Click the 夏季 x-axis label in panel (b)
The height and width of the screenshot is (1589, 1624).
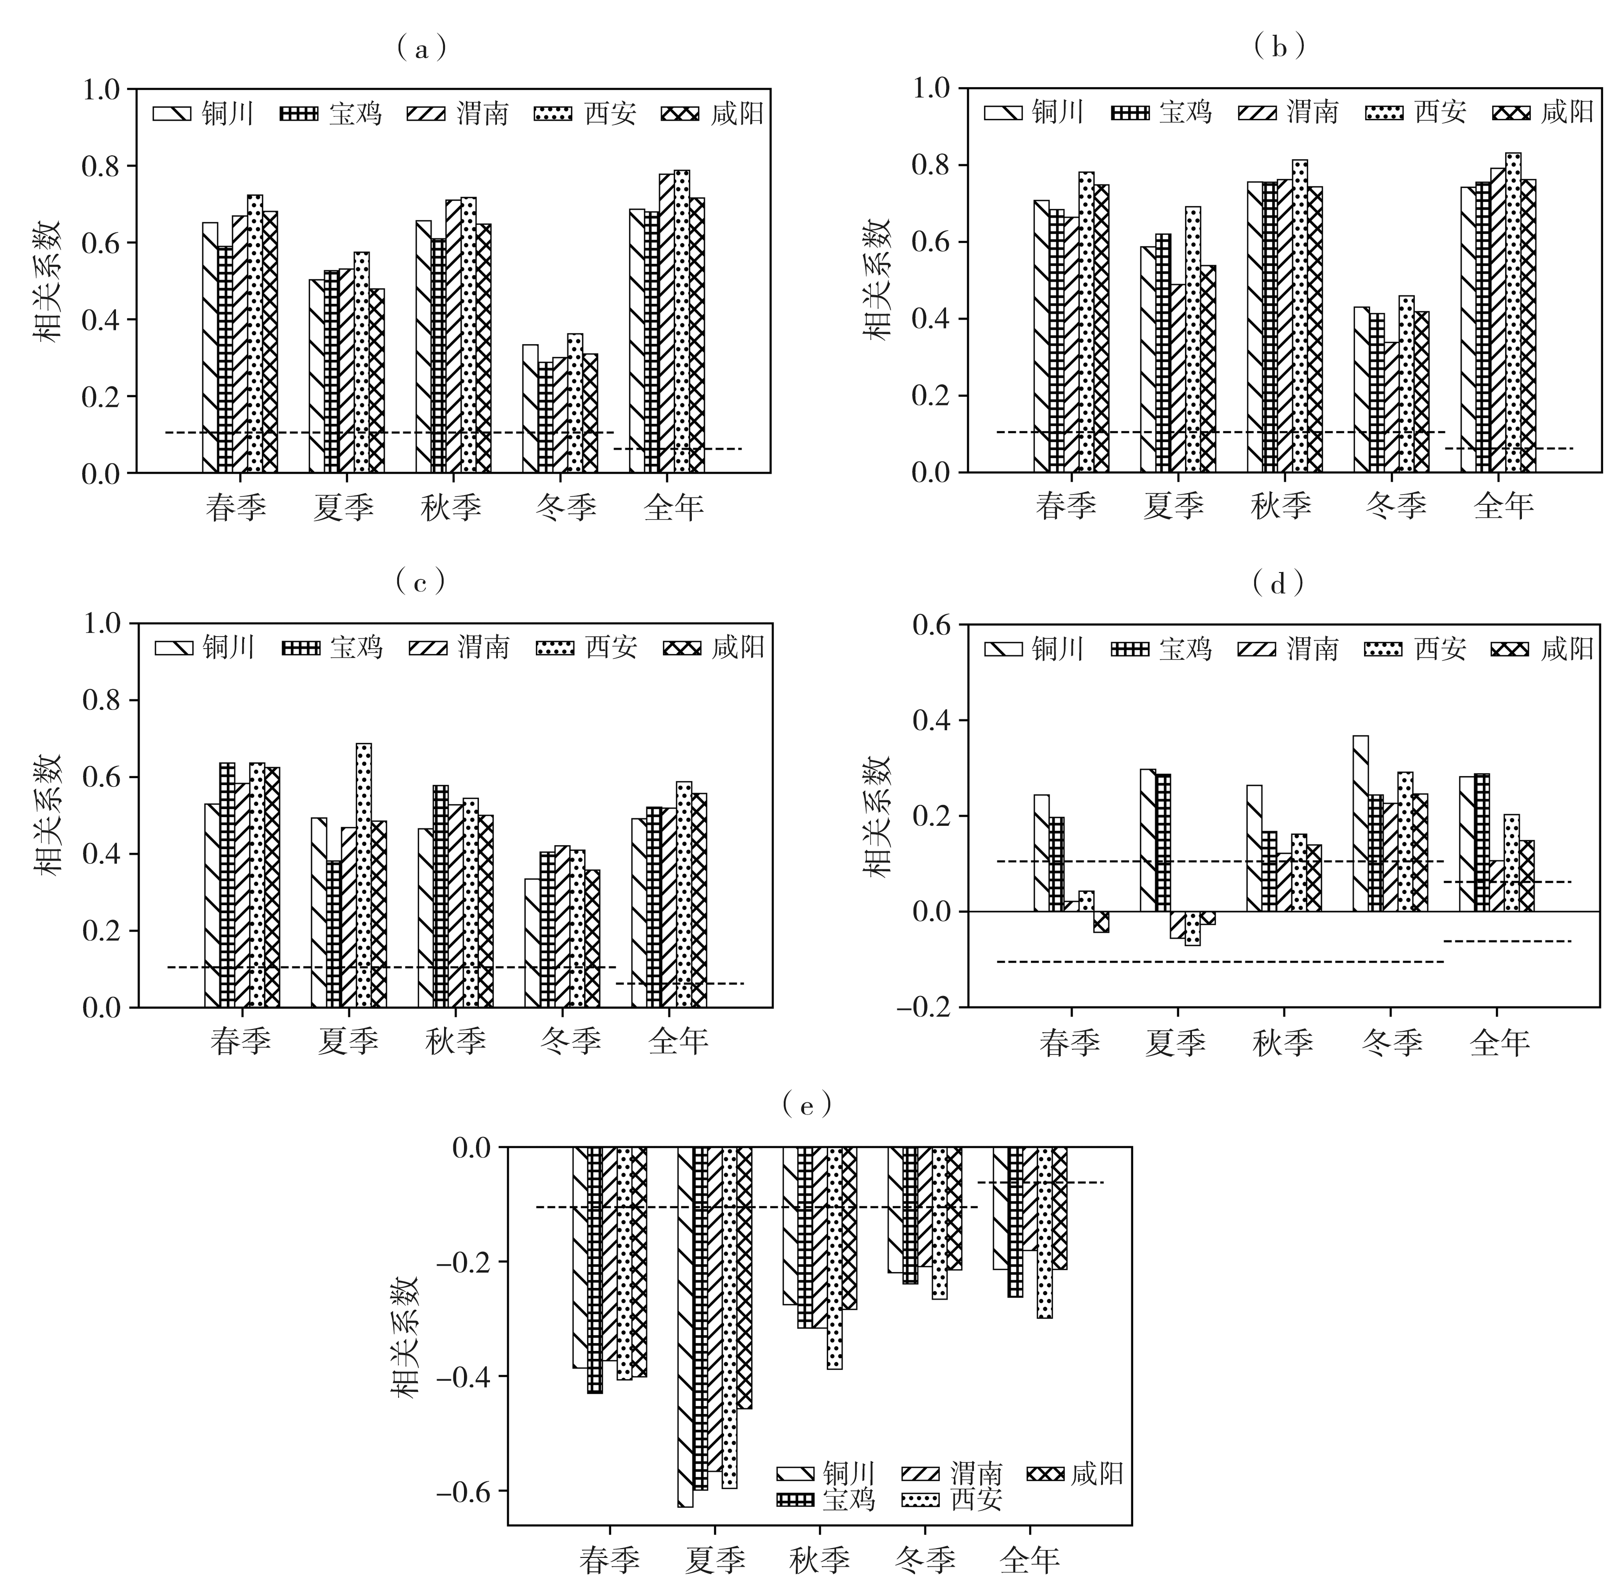point(1173,505)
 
